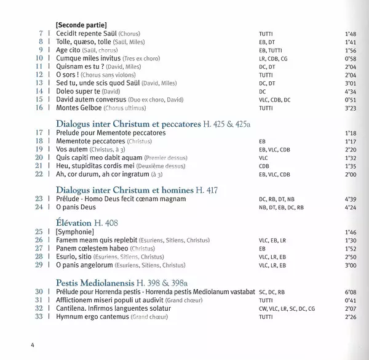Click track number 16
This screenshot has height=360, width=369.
(40, 108)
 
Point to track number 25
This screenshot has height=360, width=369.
(40, 231)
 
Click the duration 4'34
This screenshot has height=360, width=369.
(349, 90)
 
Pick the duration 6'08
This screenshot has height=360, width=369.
(349, 291)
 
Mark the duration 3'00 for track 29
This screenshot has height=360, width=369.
(349, 265)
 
